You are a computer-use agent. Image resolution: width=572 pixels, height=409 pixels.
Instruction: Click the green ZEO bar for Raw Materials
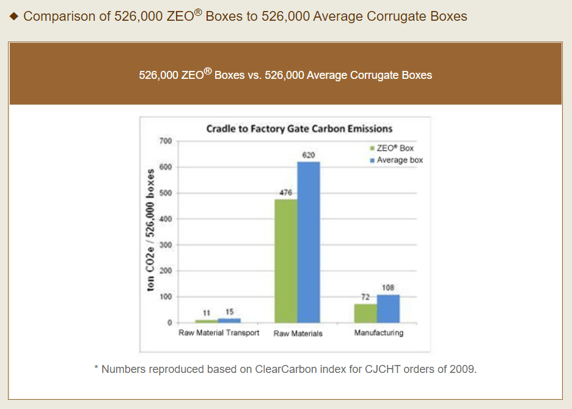[x=286, y=261]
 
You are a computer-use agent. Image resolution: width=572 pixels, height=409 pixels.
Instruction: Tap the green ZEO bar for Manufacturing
[x=365, y=313]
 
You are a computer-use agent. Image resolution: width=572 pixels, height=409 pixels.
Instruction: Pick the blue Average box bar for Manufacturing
[x=388, y=309]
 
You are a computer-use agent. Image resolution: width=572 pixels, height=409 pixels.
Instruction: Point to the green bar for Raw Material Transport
[x=207, y=321]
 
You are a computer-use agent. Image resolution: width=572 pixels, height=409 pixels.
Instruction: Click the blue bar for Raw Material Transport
[x=229, y=320]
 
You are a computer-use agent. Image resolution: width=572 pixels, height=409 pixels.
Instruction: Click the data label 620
[x=309, y=155]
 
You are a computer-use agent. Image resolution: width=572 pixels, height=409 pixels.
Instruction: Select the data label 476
[x=285, y=193]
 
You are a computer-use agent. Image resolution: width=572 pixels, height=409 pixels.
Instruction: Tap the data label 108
[x=388, y=288]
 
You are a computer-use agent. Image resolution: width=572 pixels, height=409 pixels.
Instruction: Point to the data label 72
[x=365, y=297]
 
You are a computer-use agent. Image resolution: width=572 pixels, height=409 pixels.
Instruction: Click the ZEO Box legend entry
[x=395, y=148]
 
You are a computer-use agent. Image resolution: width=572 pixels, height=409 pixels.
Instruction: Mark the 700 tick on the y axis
[x=165, y=141]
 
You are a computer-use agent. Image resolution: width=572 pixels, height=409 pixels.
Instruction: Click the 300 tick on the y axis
[x=165, y=245]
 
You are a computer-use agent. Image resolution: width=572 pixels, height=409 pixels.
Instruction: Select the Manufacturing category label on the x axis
[x=379, y=333]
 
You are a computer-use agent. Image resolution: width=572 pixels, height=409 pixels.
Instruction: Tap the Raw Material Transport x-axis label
[x=219, y=333]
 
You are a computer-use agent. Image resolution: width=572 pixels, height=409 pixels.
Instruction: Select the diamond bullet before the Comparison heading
[x=15, y=16]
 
